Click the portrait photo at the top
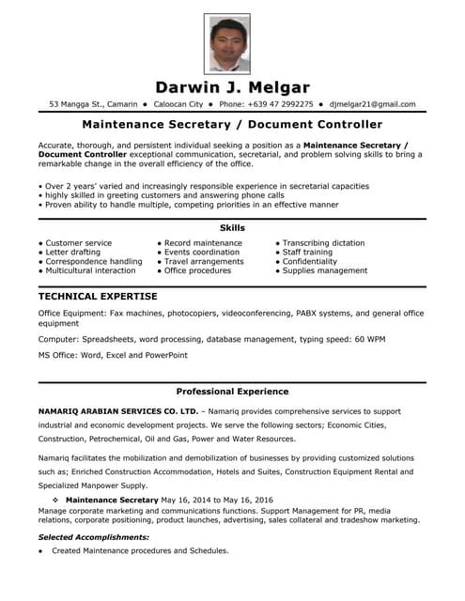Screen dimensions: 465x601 click(x=226, y=43)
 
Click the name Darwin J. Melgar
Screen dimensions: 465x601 click(x=232, y=87)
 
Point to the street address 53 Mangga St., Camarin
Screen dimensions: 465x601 click(x=93, y=104)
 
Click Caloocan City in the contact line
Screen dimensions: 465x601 click(x=178, y=104)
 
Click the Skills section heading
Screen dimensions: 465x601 click(x=232, y=228)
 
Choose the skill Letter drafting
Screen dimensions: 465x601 click(x=72, y=253)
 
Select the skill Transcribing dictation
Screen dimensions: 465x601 click(x=323, y=243)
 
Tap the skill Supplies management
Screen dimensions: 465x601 click(x=325, y=270)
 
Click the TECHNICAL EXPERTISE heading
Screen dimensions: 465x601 click(x=98, y=297)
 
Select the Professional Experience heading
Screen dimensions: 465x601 click(x=232, y=392)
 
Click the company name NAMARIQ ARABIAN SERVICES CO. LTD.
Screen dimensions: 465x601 click(x=118, y=411)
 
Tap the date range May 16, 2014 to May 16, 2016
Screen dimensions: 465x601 click(x=217, y=501)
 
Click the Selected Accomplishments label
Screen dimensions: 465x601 click(x=93, y=537)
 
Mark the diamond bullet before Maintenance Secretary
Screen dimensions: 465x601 click(x=56, y=501)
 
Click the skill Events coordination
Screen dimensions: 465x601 click(x=202, y=253)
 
